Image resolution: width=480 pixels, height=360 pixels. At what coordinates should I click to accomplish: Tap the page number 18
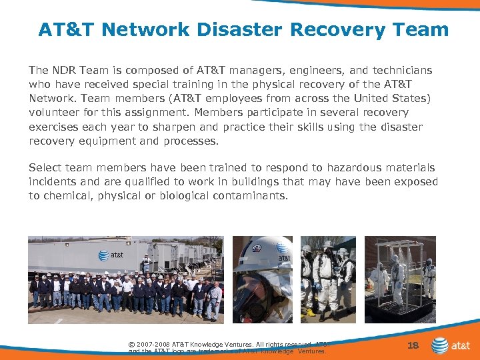[x=413, y=345]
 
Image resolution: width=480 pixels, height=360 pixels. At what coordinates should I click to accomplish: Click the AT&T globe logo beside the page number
[x=440, y=345]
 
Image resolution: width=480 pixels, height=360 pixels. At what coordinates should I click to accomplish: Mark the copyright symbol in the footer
[x=132, y=344]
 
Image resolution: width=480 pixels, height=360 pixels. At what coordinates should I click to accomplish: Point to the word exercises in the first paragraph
[x=54, y=127]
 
